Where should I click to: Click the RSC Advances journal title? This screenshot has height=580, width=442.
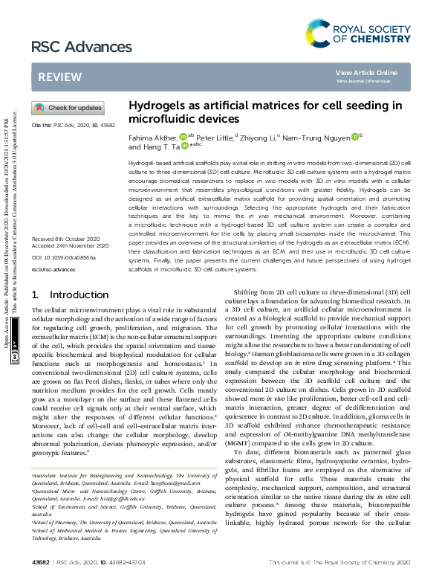pos(68,47)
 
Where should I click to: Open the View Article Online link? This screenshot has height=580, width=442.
pos(366,72)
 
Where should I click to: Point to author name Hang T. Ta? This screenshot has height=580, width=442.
pos(159,147)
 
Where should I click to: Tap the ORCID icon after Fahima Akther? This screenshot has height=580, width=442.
pos(183,137)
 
